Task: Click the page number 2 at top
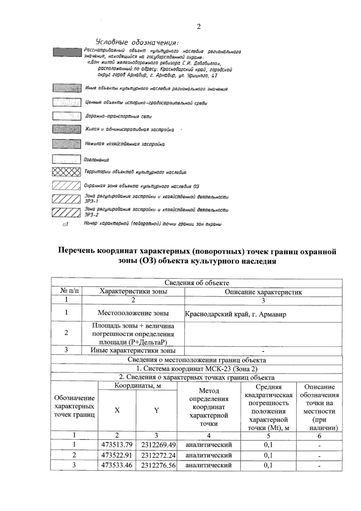199,27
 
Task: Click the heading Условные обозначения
137,42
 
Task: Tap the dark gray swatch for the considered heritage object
67,52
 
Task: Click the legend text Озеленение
97,160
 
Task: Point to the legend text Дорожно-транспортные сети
119,116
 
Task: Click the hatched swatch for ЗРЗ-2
66,212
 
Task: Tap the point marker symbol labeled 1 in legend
65,225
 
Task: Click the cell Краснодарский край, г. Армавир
236,315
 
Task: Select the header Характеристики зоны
133,291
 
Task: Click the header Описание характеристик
263,292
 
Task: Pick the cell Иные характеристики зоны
133,350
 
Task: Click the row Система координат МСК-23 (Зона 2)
197,369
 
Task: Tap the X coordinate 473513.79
117,445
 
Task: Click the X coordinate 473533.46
117,465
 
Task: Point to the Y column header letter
156,410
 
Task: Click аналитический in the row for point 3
208,465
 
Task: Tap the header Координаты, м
137,386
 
